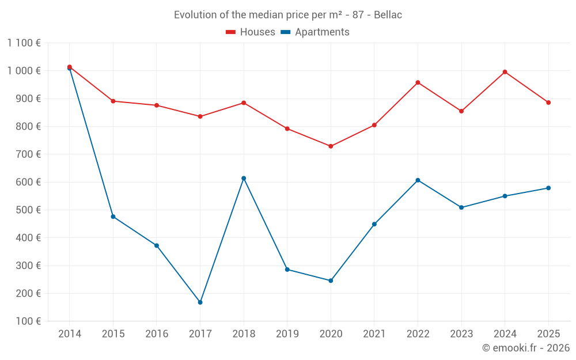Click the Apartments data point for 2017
200,302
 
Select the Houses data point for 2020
331,146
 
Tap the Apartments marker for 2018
244,178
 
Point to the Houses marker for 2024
505,72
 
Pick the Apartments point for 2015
113,217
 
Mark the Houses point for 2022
418,82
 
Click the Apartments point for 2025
548,188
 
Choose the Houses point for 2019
287,128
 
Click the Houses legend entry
251,32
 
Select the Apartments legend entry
315,32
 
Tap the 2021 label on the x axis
374,334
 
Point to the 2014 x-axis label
70,334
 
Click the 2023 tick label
461,334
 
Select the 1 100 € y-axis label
24,43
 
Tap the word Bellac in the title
388,14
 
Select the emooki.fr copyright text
526,348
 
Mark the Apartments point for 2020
331,281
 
